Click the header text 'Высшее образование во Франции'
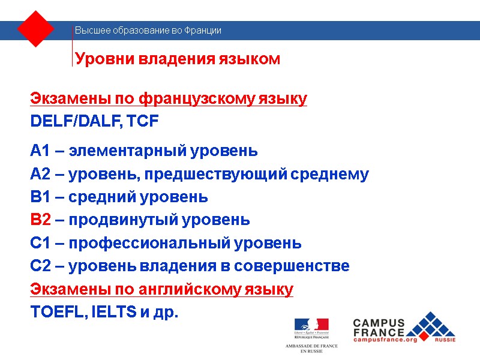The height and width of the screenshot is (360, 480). [x=148, y=31]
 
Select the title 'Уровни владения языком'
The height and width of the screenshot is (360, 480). [x=177, y=59]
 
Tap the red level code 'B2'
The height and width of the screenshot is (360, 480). [x=40, y=220]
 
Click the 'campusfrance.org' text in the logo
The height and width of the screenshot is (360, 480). [x=385, y=340]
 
